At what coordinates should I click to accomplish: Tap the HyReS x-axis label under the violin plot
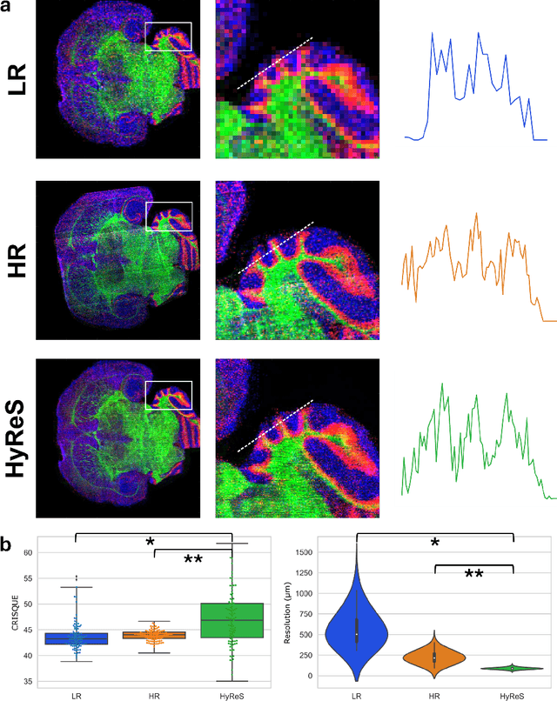coord(513,695)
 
